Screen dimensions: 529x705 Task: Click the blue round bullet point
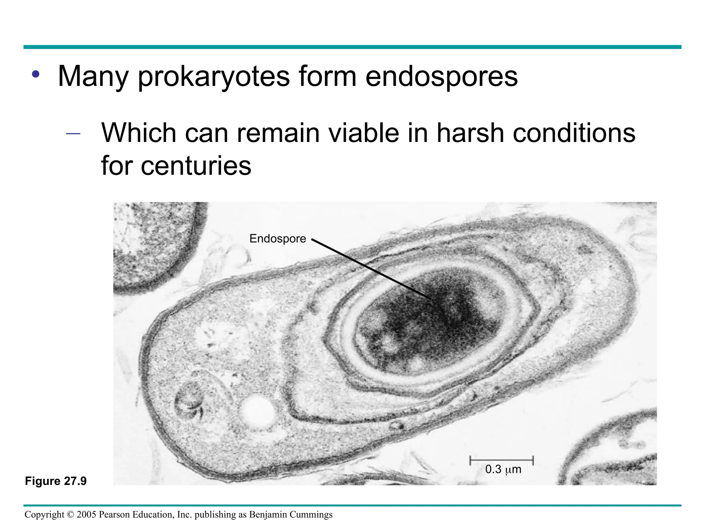35,74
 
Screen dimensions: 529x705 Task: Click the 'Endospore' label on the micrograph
277,239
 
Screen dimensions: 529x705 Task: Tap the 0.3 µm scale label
503,469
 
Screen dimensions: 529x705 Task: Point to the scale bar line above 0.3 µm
501,460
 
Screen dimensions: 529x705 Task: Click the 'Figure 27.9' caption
56,481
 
